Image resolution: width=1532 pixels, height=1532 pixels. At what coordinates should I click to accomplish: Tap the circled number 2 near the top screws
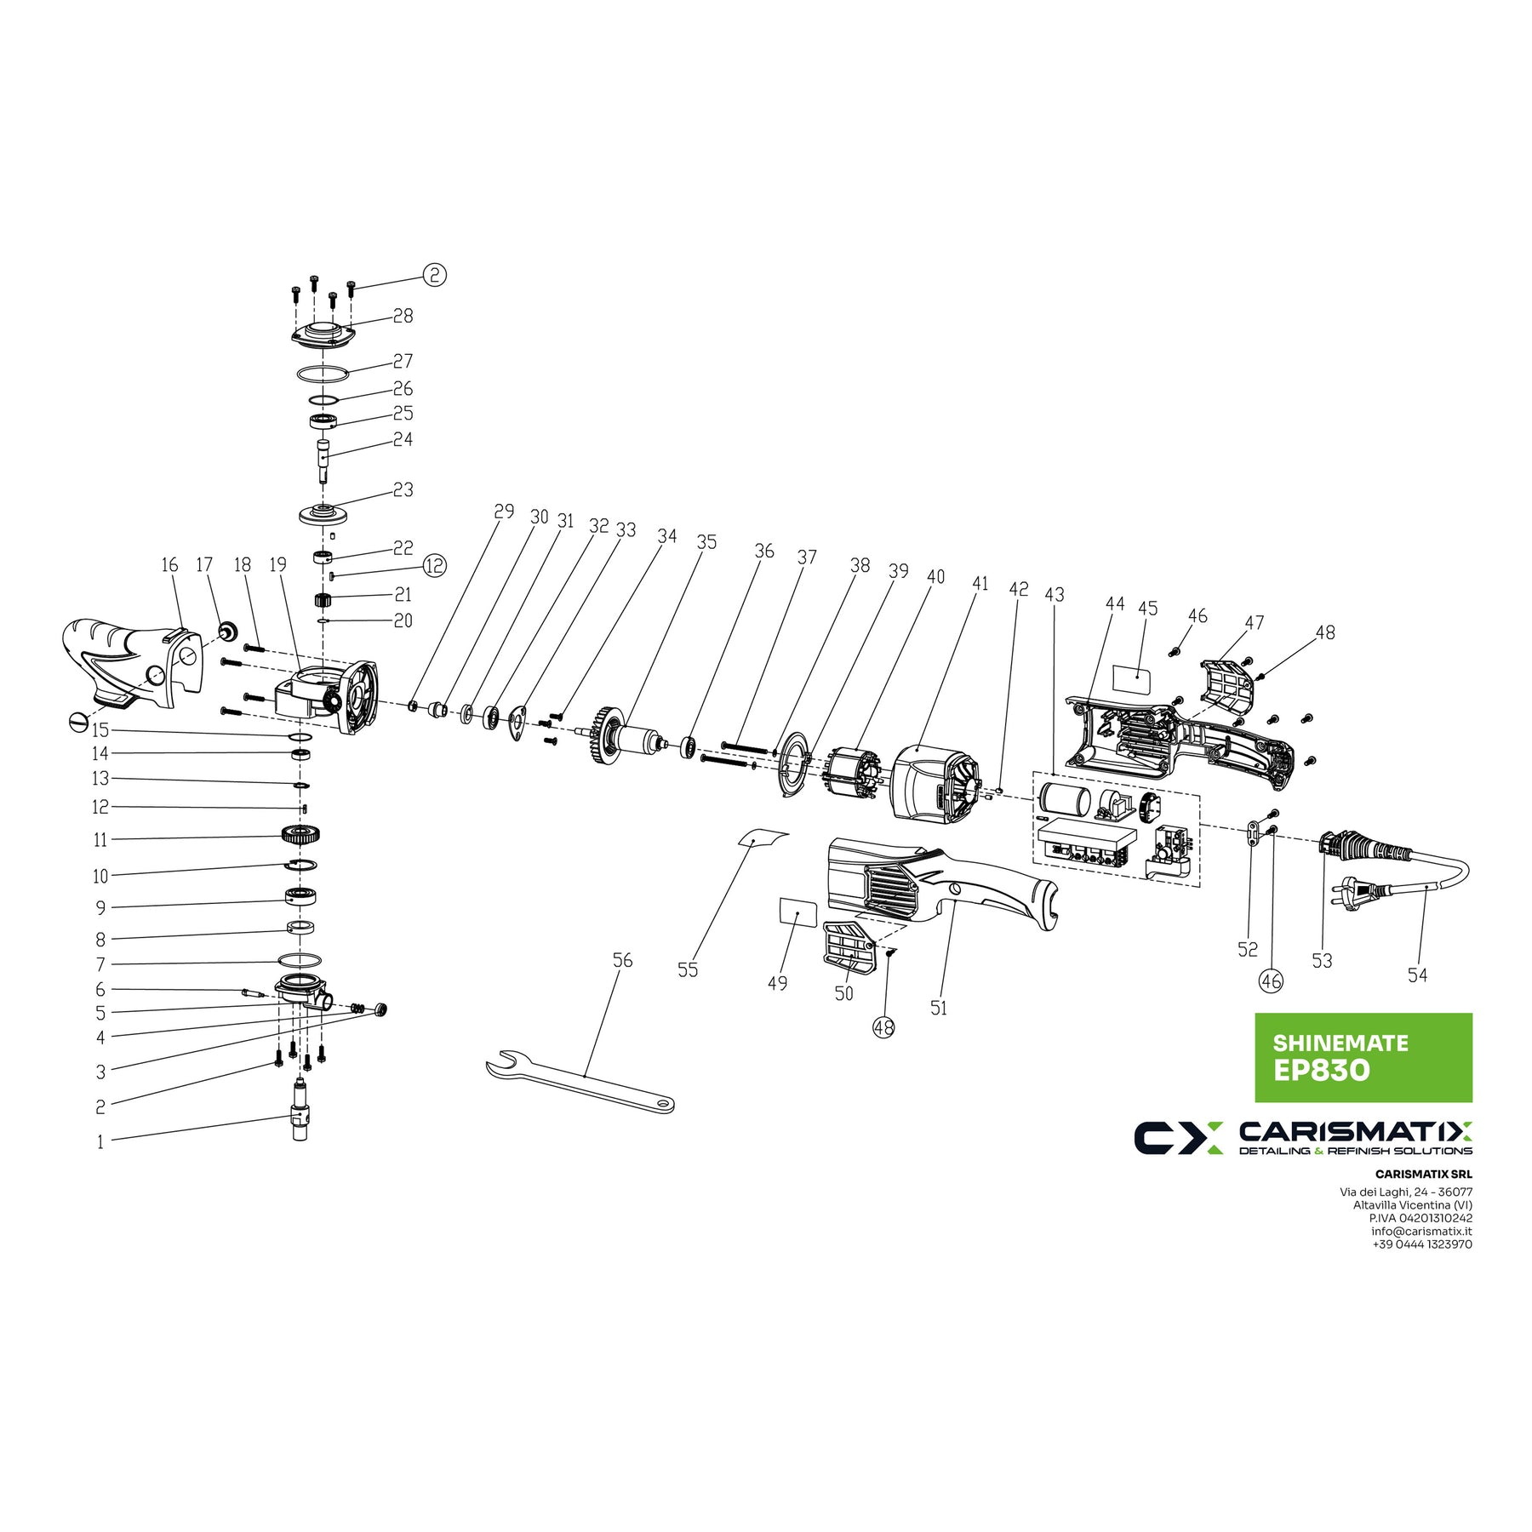coord(434,275)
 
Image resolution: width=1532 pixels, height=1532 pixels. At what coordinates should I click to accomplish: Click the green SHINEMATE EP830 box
coord(1363,1057)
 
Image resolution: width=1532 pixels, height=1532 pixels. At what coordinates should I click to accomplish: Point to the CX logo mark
coord(1178,1138)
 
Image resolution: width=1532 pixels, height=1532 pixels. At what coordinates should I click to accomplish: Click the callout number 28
coord(403,316)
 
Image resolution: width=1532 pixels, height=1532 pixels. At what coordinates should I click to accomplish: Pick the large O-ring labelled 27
coord(323,374)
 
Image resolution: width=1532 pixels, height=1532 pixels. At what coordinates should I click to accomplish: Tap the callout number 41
coord(980,584)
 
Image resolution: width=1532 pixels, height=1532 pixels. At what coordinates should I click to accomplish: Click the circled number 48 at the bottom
coord(883,1027)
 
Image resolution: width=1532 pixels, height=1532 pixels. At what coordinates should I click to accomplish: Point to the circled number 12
coord(434,565)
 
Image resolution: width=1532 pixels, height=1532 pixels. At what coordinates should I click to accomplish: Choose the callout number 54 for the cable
coord(1417,975)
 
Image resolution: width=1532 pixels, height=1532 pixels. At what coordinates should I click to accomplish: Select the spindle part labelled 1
coord(300,1111)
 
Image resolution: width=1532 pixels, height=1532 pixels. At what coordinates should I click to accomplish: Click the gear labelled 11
coord(300,836)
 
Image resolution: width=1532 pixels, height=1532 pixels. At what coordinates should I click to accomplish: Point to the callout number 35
coord(706,542)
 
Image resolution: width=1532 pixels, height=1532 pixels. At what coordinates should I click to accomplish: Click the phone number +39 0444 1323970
coord(1421,1243)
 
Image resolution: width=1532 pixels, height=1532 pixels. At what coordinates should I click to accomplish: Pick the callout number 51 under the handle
coord(938,1008)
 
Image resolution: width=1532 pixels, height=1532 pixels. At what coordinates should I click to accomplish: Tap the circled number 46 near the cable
coord(1271,981)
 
